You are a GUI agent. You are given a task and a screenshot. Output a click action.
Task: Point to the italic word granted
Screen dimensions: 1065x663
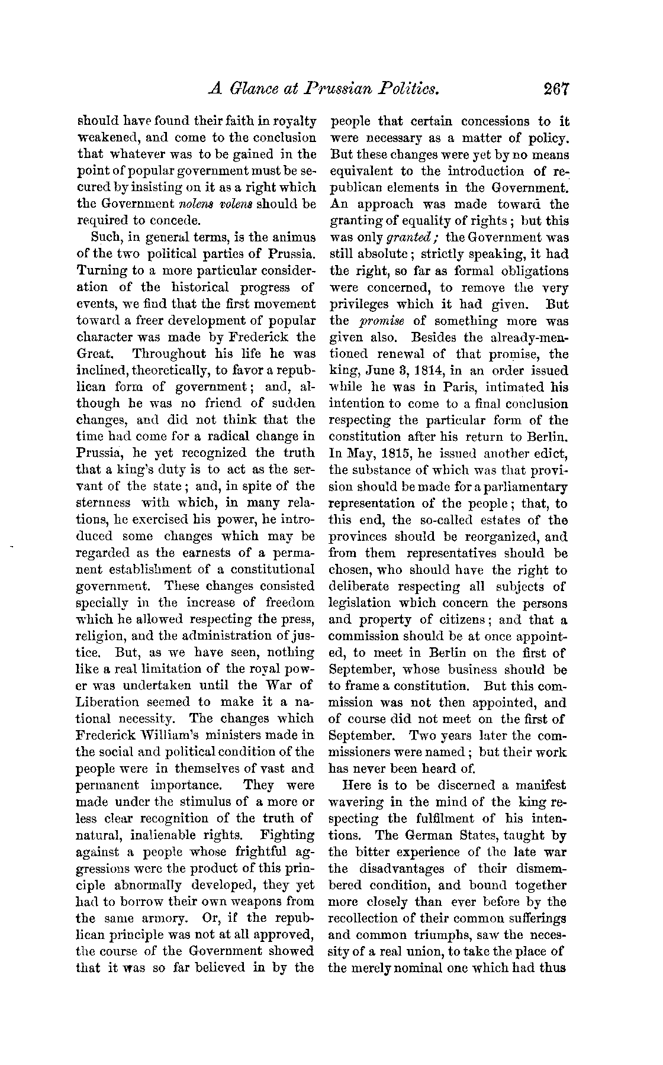404,238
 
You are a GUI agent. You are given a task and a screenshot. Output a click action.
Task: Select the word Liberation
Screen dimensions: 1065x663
108,702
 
